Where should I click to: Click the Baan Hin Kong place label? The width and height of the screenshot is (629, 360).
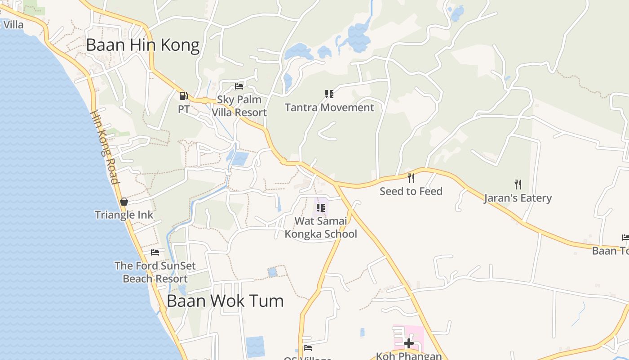pos(142,45)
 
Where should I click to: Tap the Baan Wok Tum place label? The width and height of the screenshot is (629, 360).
pos(225,301)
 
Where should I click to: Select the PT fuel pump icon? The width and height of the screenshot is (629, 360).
pos(183,95)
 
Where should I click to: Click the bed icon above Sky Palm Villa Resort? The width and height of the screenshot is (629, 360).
pos(239,86)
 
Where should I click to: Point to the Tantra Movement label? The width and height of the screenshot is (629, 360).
pos(329,108)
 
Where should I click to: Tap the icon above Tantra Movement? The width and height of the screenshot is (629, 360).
pos(329,94)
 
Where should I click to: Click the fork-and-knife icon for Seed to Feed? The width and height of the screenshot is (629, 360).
pos(411,178)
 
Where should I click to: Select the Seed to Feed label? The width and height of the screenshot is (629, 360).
pos(411,191)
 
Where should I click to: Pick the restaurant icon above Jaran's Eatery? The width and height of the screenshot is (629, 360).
pos(518,184)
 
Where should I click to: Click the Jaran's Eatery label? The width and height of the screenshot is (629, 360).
pos(518,198)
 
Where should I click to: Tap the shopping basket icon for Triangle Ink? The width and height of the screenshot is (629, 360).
pos(124,202)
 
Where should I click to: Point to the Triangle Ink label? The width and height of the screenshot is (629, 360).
pos(124,215)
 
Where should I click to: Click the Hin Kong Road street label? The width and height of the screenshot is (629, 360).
pos(105,148)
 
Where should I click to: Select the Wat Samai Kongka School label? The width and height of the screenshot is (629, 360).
pos(321,227)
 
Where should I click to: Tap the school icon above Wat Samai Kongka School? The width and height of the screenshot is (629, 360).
pos(321,207)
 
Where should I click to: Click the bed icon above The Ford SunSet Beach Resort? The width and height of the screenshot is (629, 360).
pos(155,252)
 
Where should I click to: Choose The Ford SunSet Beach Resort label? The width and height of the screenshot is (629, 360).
pos(155,272)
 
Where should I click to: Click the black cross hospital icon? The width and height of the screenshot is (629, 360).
pos(409,343)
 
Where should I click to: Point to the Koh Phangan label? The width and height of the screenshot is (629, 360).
pos(409,356)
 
